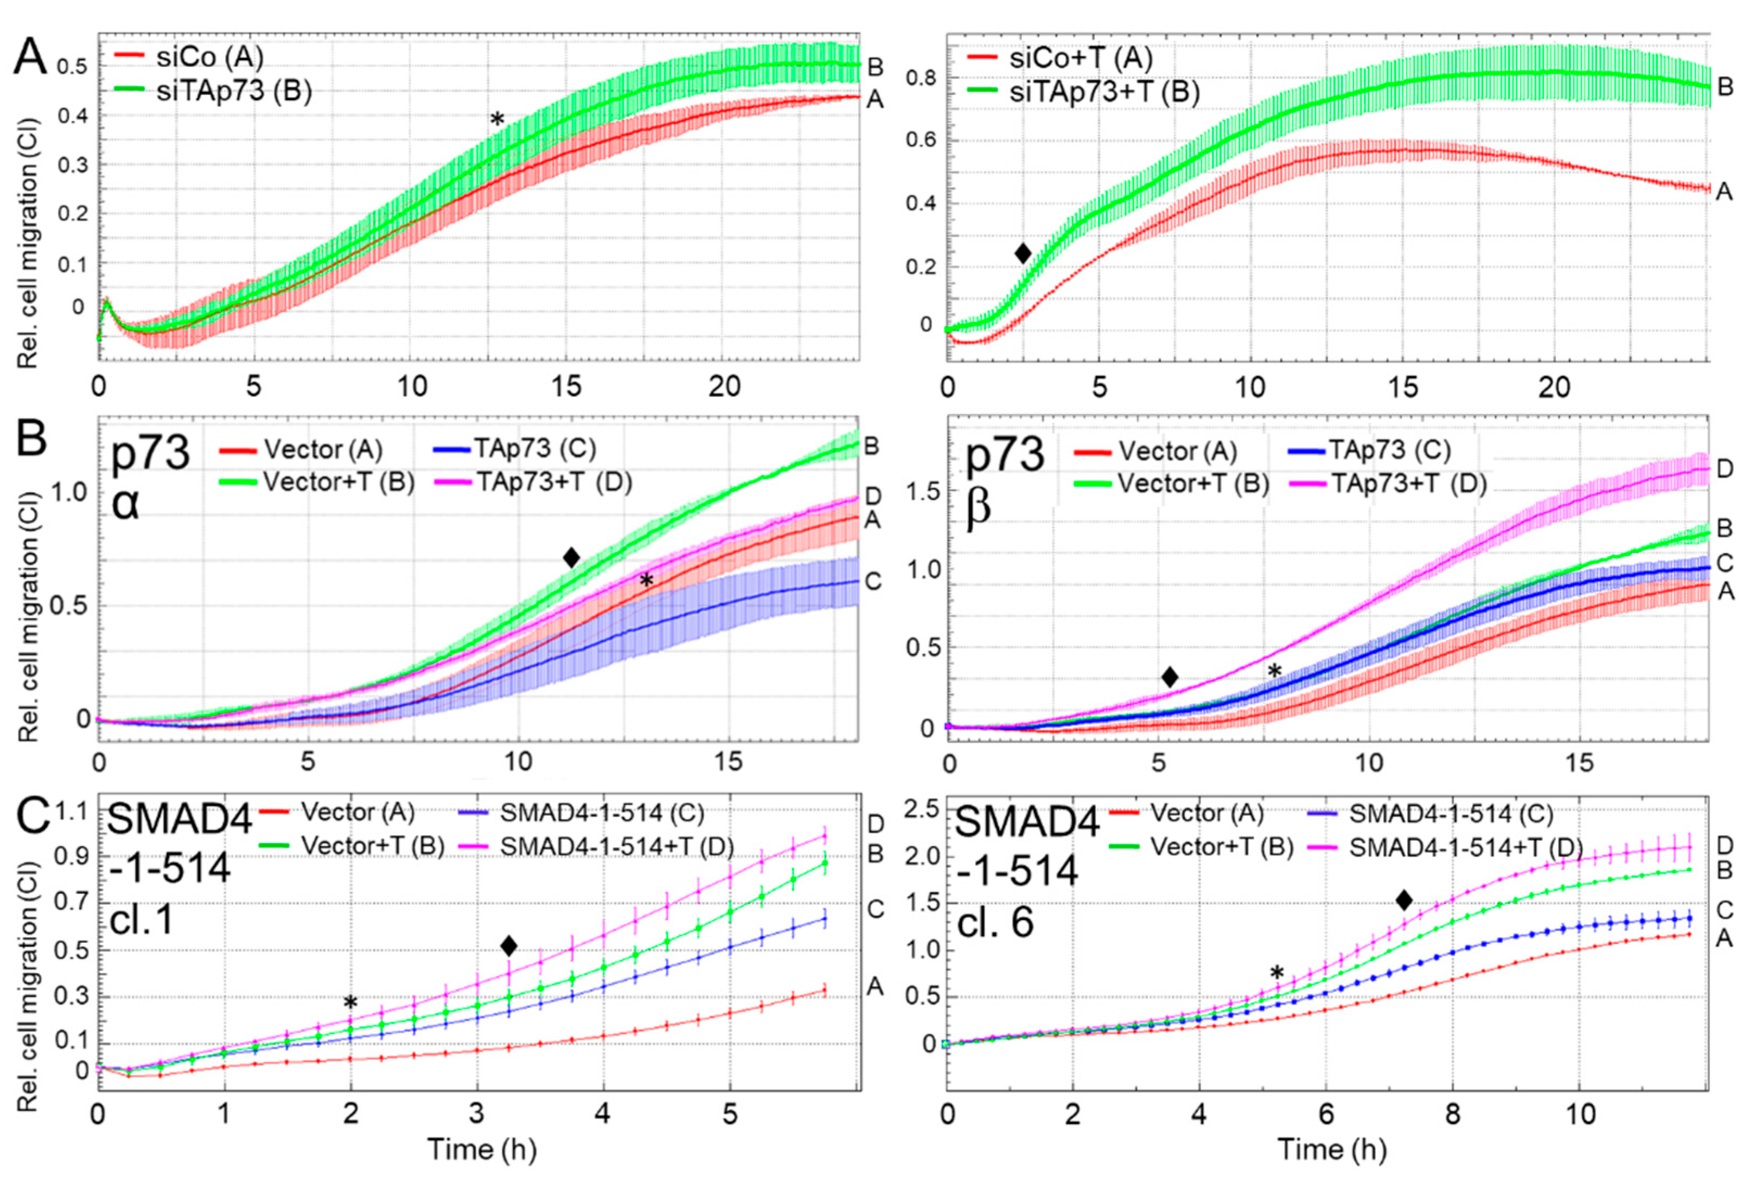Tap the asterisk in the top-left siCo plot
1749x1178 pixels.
[497, 119]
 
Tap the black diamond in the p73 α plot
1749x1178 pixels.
[571, 557]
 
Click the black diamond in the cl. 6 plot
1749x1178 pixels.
[1403, 899]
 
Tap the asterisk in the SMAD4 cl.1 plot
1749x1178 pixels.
[350, 1003]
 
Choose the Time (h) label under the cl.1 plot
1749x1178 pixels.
[482, 1149]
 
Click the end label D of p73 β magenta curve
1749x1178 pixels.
[1726, 469]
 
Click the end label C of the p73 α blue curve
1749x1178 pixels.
[873, 582]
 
